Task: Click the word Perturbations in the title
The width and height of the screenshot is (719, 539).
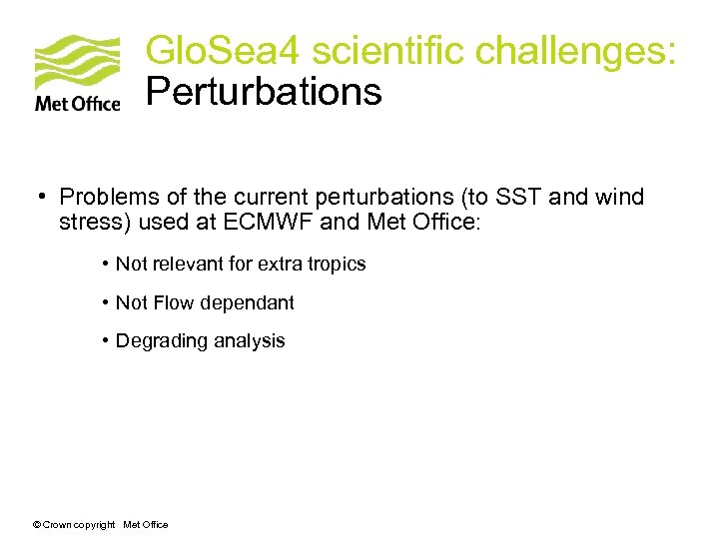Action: tap(264, 92)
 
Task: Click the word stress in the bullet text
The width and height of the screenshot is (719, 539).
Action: tap(86, 221)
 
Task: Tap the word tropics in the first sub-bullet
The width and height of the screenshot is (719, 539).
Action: tap(339, 265)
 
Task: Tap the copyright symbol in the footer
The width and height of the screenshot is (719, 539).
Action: tap(37, 525)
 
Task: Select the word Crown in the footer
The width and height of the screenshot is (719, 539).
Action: tap(58, 525)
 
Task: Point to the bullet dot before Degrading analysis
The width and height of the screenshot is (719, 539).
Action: tap(105, 341)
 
